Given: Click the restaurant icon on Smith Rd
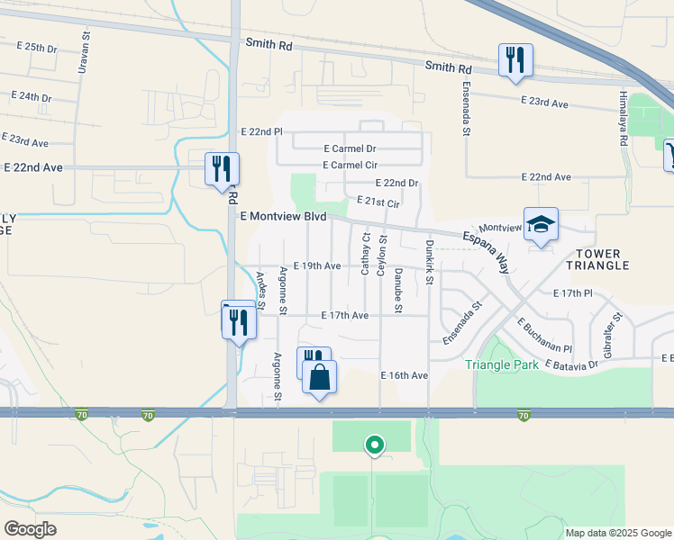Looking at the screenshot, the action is [515, 60].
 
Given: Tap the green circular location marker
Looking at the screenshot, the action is [373, 445].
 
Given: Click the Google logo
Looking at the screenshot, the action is [31, 528].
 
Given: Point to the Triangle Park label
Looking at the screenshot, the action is [502, 364].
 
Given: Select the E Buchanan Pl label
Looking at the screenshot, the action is [544, 336].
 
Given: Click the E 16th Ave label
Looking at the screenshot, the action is [404, 374].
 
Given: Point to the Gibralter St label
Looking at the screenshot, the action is [617, 332].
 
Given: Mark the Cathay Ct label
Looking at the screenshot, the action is [366, 255].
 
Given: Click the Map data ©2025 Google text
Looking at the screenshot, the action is [617, 532].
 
